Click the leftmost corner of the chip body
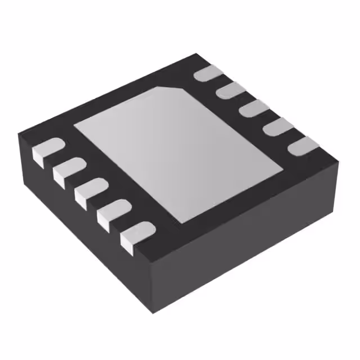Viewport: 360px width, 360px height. tap(19, 135)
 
